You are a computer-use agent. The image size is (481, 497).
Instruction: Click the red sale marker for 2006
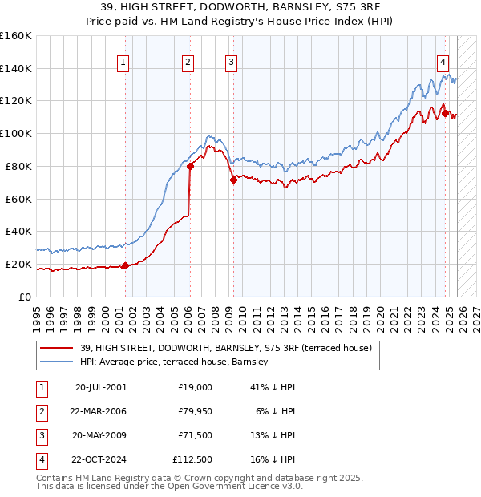coord(191,167)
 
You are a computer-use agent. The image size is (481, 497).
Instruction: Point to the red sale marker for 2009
coord(233,180)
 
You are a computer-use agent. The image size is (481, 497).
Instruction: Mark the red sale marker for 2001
coord(126,266)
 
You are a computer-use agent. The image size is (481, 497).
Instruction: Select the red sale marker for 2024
coord(446,113)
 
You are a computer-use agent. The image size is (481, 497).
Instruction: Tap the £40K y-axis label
coord(18,232)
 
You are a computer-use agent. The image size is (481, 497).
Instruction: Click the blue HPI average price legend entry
coord(176,362)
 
